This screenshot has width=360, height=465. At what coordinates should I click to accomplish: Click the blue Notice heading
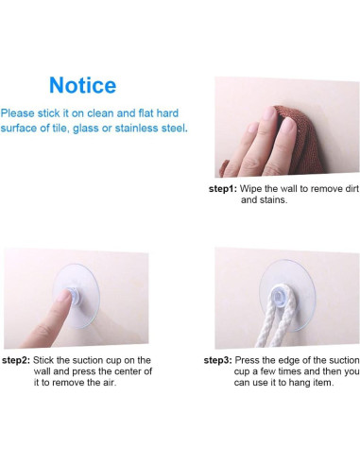tap(82, 85)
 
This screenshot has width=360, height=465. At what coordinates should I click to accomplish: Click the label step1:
tap(223, 189)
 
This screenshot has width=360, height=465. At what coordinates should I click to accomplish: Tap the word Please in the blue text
tap(19, 112)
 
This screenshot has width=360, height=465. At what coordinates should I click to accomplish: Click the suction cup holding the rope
tap(280, 290)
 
